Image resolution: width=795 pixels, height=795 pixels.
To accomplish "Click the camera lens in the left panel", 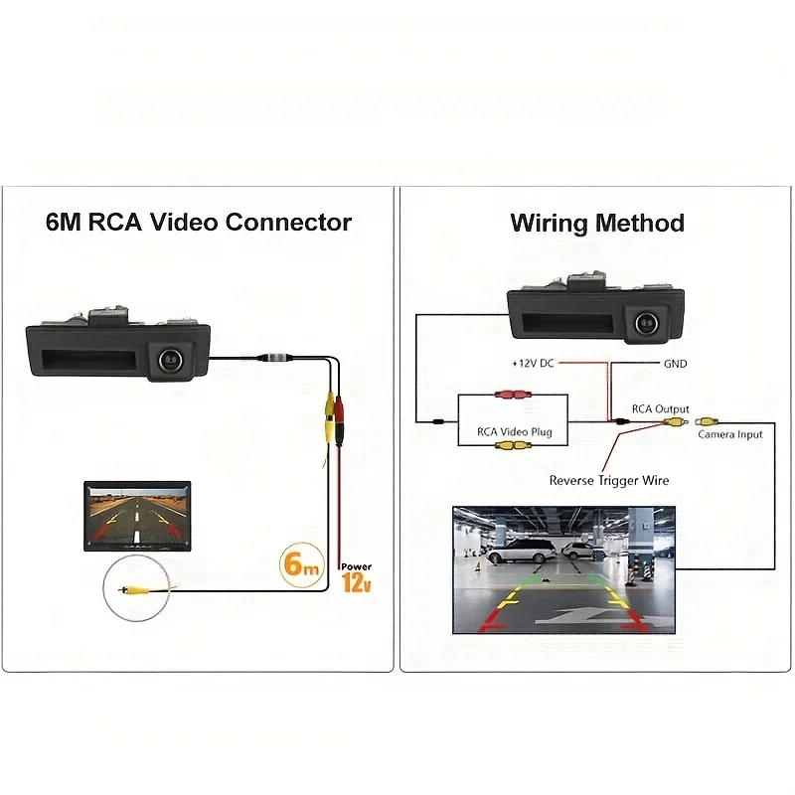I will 168,355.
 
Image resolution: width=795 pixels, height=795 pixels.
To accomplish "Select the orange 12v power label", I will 356,579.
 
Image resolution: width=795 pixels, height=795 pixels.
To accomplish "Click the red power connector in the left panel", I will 341,406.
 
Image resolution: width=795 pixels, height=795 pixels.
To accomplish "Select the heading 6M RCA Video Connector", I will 199,222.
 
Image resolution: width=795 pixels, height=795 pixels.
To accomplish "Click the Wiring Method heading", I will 597,223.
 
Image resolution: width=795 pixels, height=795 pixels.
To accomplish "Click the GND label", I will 675,364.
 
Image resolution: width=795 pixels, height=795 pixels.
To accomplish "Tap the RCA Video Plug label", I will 515,432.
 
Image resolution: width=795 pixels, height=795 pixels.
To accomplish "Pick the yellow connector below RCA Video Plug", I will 513,445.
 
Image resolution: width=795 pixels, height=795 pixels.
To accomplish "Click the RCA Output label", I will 661,409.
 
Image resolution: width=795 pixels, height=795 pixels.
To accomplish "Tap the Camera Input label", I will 730,434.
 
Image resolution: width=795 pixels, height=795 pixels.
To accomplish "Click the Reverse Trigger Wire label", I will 609,481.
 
